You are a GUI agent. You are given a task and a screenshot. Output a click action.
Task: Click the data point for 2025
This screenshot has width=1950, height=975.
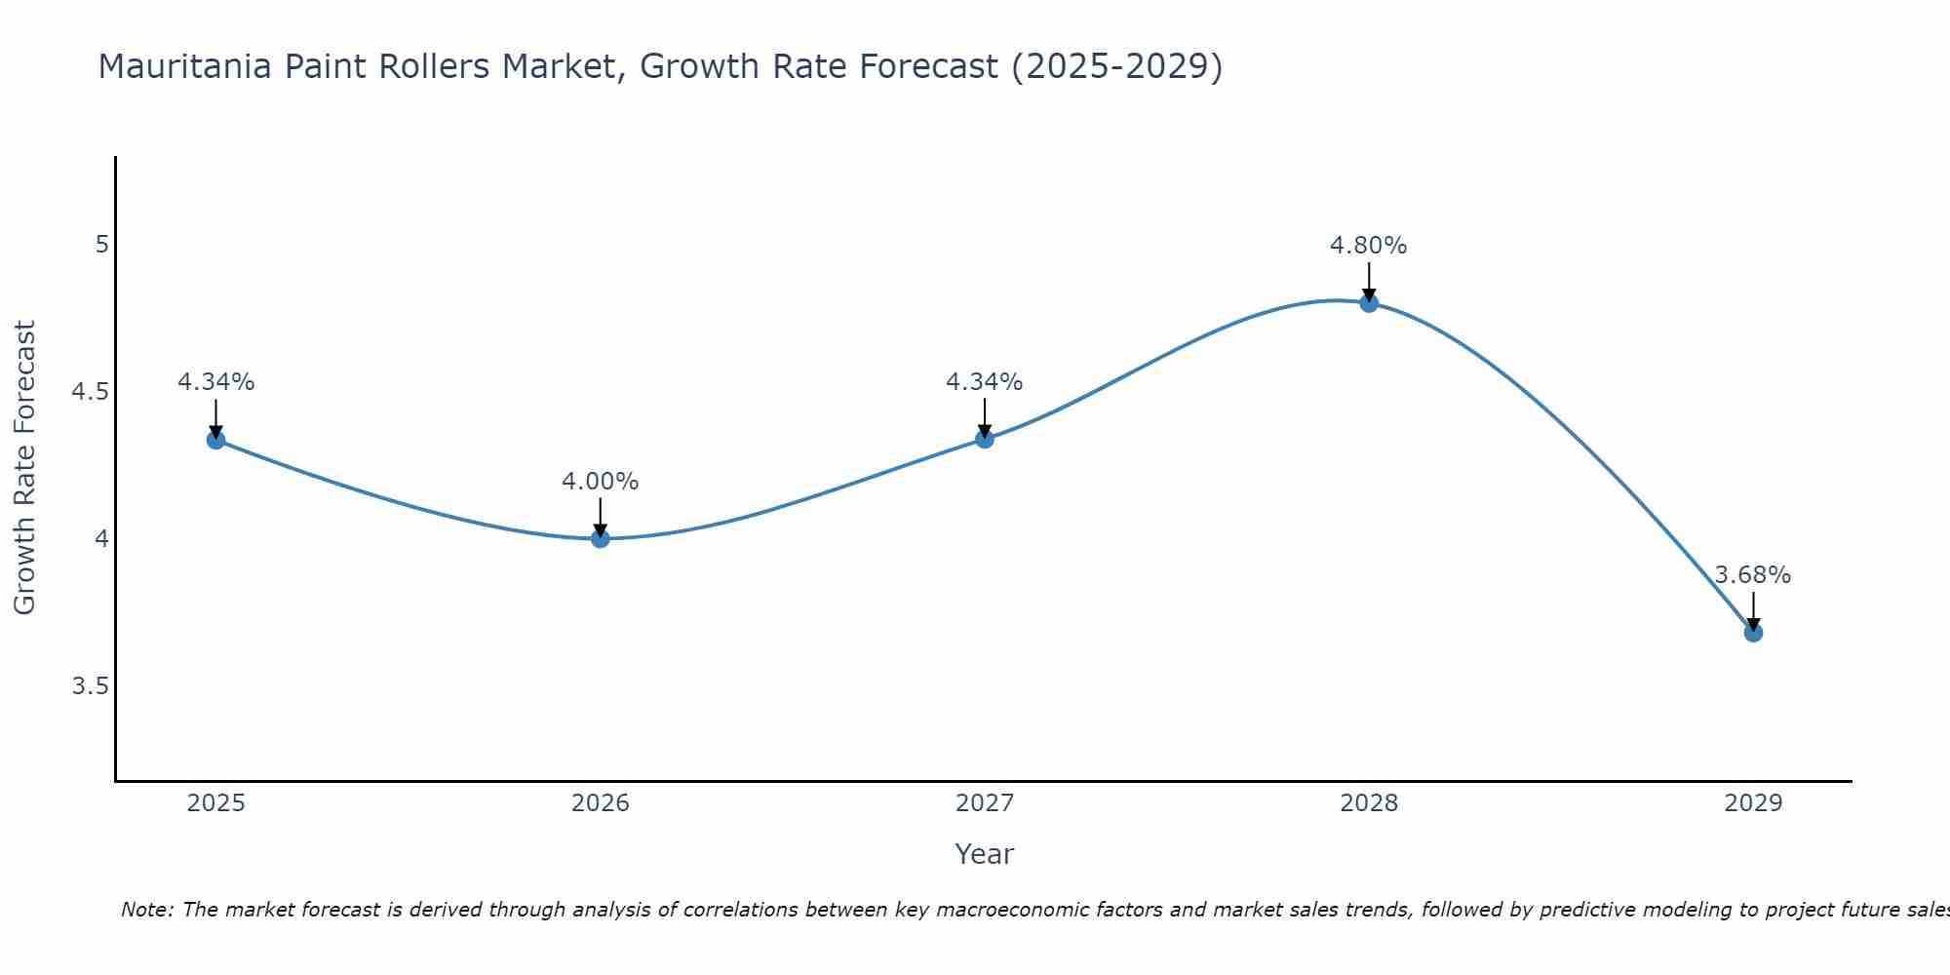215,440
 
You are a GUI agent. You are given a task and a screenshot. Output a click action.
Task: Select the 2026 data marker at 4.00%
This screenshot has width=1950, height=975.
600,538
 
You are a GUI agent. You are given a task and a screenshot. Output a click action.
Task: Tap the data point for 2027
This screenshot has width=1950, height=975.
984,439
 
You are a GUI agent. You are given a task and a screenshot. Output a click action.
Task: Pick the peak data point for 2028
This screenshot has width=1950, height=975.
1368,302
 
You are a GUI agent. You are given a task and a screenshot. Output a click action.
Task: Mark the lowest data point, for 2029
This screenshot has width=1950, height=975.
1752,633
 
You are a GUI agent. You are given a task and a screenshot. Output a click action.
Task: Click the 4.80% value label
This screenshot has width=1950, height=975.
1368,246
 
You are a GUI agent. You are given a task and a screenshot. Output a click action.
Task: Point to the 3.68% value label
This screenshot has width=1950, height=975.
1752,575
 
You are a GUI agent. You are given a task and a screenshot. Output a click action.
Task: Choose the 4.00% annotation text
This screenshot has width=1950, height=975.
600,482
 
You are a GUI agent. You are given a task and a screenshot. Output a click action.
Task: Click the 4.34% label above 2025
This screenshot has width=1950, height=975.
215,382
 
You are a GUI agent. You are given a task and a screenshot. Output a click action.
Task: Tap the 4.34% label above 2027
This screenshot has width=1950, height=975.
984,382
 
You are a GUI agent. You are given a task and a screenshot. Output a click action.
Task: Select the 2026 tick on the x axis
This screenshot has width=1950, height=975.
600,803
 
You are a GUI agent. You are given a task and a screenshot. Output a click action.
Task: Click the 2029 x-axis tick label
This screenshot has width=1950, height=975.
1752,803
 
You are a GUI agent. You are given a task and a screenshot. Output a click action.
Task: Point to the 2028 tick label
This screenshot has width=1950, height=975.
1368,803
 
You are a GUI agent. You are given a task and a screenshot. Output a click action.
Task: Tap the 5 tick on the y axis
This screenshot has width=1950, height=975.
101,244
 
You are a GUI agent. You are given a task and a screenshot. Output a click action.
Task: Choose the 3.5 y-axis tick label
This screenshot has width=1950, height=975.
90,686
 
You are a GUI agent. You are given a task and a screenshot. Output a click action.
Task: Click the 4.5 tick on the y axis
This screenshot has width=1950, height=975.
90,392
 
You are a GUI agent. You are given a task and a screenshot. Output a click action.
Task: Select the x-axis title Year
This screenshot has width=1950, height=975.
984,854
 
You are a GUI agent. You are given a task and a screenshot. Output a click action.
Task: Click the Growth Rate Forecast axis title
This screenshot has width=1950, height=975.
25,468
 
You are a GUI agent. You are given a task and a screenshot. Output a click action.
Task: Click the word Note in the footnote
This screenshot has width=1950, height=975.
146,910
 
